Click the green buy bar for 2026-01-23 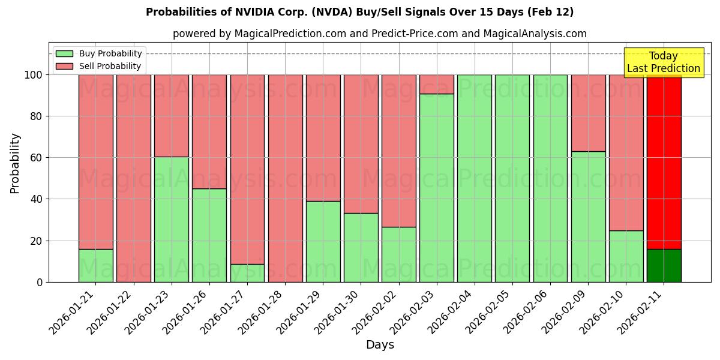pos(171,219)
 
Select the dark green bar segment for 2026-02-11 pos(664,265)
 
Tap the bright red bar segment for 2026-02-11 pos(664,162)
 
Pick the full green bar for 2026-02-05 pos(512,178)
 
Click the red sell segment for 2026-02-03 pos(437,84)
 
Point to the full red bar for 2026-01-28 pos(285,178)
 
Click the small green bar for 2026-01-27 pos(247,273)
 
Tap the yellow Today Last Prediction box pos(663,62)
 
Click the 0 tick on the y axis pos(40,282)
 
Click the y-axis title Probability pos(15,163)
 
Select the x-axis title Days pos(380,345)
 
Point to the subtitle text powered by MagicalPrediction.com pos(259,34)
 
